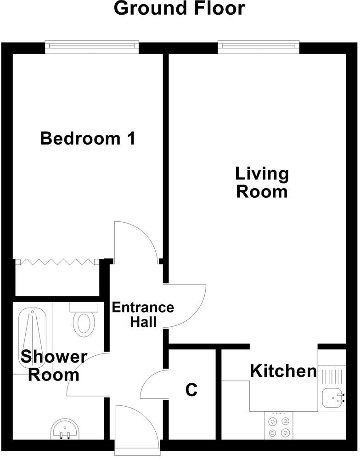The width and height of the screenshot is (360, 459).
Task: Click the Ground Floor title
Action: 180,8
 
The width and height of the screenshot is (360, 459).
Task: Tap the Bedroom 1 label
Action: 88,138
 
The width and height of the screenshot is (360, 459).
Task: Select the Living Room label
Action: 262,183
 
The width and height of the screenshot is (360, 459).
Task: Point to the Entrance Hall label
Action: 143,314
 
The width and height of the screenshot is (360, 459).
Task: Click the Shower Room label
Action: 54,365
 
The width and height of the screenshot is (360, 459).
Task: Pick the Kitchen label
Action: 283,371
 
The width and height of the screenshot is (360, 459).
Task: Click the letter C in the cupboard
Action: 191,390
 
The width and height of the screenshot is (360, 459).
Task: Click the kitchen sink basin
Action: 332,397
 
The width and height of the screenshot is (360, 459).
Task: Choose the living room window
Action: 259,45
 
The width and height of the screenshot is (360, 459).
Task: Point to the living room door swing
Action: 184,305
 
